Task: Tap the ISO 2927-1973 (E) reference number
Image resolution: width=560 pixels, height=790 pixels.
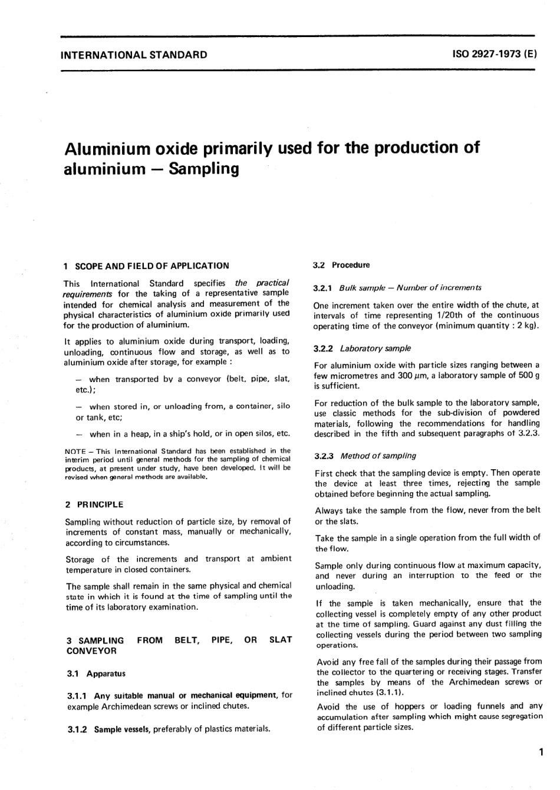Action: (495, 55)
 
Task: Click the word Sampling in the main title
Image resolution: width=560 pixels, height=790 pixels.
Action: (204, 169)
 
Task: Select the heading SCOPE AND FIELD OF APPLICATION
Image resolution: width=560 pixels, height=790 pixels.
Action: (152, 265)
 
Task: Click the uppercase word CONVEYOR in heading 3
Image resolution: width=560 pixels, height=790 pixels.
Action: (91, 651)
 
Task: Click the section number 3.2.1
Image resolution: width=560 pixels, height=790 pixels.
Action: (323, 288)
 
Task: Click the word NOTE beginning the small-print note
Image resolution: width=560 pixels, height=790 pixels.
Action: (74, 451)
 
